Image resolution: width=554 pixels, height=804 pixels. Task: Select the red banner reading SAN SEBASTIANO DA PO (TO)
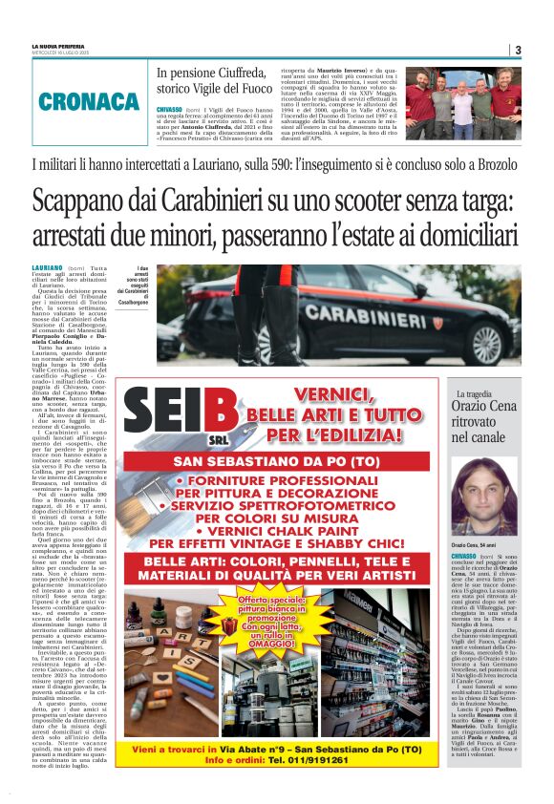289,461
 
